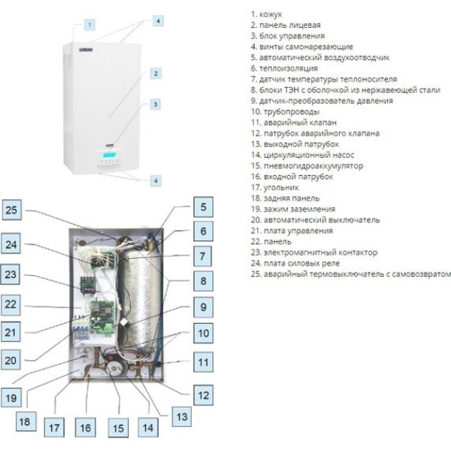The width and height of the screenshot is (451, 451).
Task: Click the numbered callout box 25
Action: pyautogui.click(x=11, y=210)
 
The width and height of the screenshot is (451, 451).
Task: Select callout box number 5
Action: pyautogui.click(x=204, y=207)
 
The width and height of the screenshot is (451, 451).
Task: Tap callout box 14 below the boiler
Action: pyautogui.click(x=148, y=428)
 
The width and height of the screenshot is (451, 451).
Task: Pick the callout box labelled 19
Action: pyautogui.click(x=11, y=398)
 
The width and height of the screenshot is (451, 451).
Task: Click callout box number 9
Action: pyautogui.click(x=204, y=307)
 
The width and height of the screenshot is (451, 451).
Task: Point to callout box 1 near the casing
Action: pyautogui.click(x=89, y=25)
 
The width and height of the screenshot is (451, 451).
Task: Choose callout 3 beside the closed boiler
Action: pyautogui.click(x=156, y=104)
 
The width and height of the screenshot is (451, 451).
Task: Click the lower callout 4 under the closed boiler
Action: pyautogui.click(x=156, y=180)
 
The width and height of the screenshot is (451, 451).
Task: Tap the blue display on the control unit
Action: pyautogui.click(x=109, y=155)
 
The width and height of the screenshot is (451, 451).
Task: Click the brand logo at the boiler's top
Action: pyautogui.click(x=86, y=50)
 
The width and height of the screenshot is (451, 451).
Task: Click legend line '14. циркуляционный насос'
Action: pyautogui.click(x=302, y=155)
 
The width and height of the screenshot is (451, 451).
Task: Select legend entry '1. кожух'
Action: pyautogui.click(x=266, y=14)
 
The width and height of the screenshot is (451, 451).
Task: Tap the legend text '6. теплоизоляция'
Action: pyautogui.click(x=284, y=68)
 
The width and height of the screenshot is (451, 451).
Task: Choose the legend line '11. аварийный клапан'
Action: pyautogui.click(x=294, y=123)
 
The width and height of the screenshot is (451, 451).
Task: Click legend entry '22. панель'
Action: pyautogui.click(x=271, y=241)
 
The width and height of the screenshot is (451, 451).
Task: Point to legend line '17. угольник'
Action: pyautogui.click(x=274, y=187)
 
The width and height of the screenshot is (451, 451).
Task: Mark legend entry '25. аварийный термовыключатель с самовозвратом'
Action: pyautogui.click(x=350, y=274)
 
